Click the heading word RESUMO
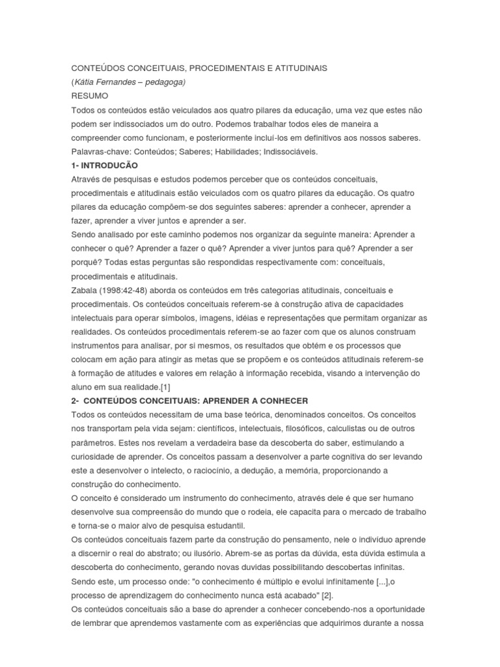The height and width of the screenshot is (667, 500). point(90,95)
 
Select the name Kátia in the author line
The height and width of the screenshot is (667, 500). point(86,81)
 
